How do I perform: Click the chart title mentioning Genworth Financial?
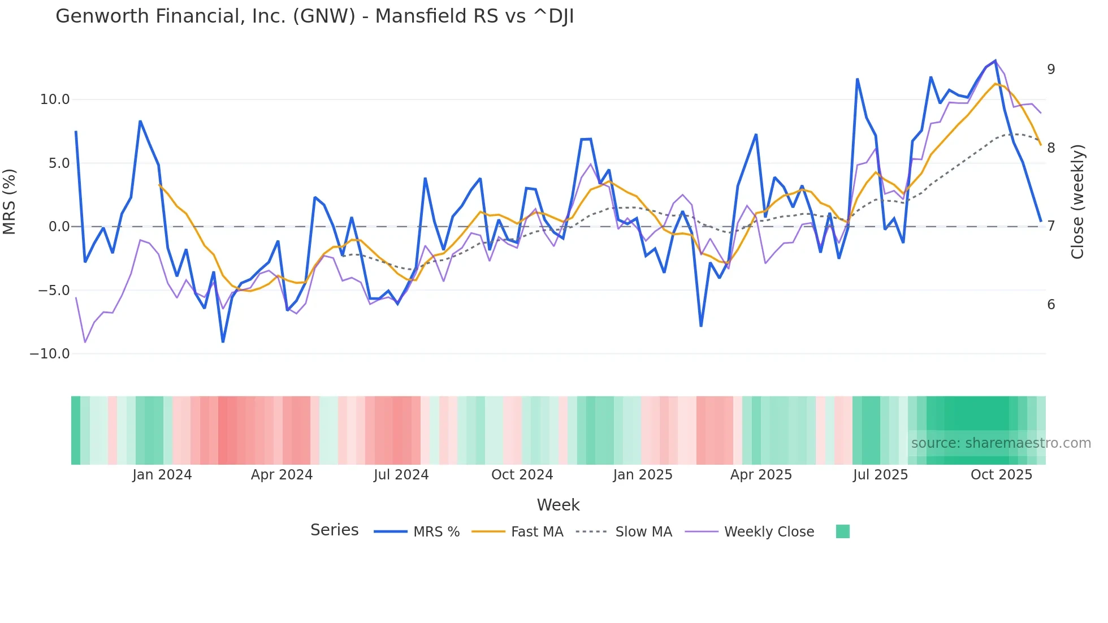314,16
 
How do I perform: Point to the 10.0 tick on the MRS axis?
55,99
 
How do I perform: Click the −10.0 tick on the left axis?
50,354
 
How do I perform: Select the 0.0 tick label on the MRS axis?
59,227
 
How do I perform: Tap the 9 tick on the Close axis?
1051,70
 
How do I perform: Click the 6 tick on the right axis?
1051,305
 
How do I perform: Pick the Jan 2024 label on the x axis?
162,475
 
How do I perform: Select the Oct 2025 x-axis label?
1001,475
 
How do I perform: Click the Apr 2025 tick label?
761,475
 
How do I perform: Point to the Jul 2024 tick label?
401,475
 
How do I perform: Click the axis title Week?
558,505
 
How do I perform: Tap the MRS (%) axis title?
10,202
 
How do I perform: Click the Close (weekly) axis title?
1077,202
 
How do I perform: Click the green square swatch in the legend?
842,531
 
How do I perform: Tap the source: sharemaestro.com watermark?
1001,443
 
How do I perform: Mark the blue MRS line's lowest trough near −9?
223,341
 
